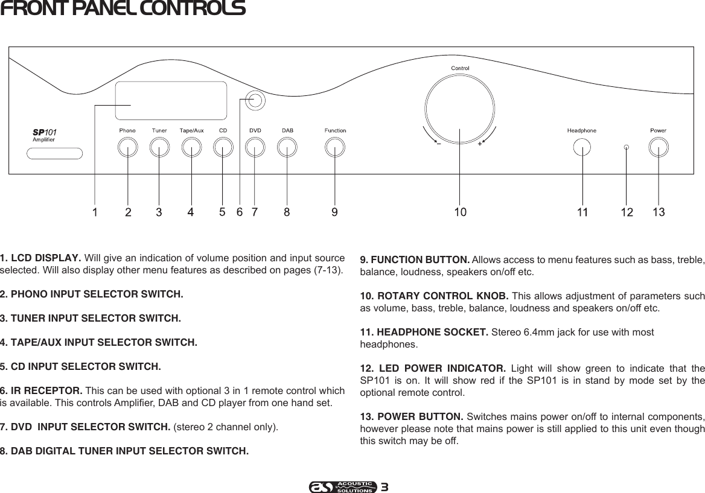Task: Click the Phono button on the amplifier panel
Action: [x=127, y=147]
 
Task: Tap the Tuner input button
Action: [x=159, y=147]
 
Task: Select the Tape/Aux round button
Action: [x=191, y=147]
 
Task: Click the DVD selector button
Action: [x=255, y=147]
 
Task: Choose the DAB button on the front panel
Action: [x=287, y=147]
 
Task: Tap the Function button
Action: [x=334, y=147]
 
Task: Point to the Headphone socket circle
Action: [x=582, y=147]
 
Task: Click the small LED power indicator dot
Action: [x=627, y=147]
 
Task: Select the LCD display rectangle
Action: [x=171, y=101]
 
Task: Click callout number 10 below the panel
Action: [x=460, y=212]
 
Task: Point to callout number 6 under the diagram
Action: [x=240, y=212]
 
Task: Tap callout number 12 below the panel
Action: [x=627, y=212]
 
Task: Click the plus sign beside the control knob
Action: [x=480, y=144]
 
